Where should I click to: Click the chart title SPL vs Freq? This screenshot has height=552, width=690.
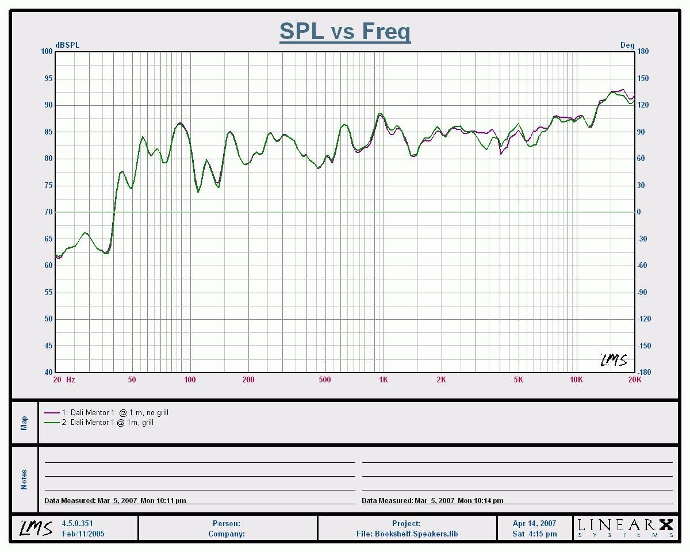pos(345,31)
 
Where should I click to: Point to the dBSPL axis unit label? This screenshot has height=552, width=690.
pos(67,45)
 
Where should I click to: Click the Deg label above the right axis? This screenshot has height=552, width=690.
pos(627,45)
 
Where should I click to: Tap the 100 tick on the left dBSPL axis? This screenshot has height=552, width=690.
pos(47,52)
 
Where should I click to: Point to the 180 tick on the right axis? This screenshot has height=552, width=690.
pos(643,52)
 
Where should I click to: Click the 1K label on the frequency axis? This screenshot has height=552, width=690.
pos(384,379)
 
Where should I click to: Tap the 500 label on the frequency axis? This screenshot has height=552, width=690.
pos(325,379)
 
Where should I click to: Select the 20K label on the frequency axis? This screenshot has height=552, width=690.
pos(634,379)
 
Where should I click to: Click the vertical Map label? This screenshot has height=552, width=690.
pos(24,423)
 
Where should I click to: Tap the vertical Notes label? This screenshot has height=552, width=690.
pos(24,480)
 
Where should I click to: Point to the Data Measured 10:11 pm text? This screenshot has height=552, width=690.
pos(115,501)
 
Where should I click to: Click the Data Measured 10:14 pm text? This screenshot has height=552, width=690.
pos(432,501)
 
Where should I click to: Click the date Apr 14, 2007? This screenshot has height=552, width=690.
pos(534,524)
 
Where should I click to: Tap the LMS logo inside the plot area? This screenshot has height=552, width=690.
pos(614,360)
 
